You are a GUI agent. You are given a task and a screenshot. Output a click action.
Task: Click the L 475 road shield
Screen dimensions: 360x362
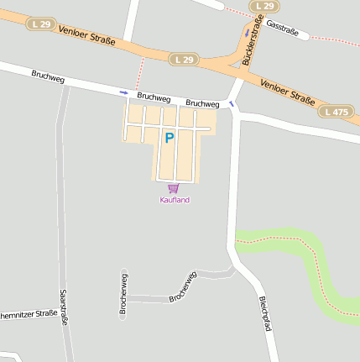[x=337, y=111]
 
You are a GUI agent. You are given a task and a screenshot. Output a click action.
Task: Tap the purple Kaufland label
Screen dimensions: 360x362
[x=175, y=200]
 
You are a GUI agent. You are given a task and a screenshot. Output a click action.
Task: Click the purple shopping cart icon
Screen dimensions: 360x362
[x=173, y=188]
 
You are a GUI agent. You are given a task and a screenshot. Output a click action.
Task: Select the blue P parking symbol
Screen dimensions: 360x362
[x=169, y=138]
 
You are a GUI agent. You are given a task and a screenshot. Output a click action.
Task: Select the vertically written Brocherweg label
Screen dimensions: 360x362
[x=123, y=294]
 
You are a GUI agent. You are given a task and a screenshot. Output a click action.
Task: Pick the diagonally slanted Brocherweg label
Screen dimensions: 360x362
[x=182, y=286]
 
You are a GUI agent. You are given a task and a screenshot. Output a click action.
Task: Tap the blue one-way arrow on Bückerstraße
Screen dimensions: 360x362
[x=246, y=34]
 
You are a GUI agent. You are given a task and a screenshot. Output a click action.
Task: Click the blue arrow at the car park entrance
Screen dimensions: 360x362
[x=124, y=92]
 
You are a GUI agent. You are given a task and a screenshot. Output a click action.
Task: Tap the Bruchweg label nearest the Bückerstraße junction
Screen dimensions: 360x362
[x=202, y=103]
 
